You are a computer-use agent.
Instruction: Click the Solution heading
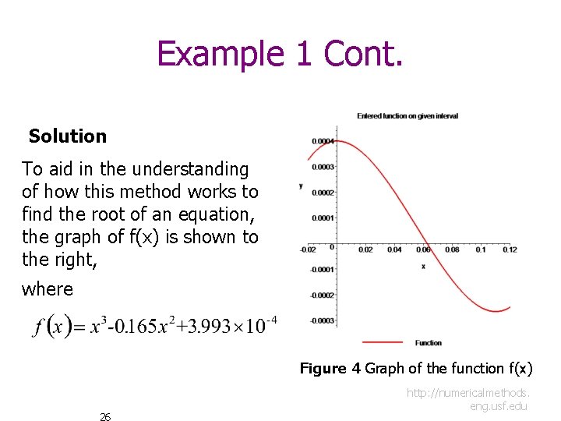(68, 136)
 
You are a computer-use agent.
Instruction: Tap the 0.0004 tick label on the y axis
(323, 141)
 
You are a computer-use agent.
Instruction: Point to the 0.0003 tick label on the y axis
(323, 167)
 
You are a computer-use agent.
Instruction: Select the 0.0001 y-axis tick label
(323, 218)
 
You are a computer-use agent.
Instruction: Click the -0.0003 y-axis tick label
(323, 321)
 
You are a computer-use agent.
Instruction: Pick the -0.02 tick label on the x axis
(309, 250)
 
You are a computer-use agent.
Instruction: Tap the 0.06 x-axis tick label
(422, 250)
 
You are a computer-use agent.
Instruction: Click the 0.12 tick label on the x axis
(510, 250)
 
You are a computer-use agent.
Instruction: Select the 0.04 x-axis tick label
(394, 250)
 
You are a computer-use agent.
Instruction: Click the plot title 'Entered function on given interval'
(408, 116)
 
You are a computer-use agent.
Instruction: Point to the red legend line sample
(382, 342)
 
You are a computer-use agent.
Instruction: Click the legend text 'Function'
(429, 343)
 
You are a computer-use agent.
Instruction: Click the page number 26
(105, 417)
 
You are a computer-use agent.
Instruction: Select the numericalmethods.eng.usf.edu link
(467, 399)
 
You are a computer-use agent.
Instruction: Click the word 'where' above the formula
(48, 289)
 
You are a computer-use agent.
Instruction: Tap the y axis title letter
(301, 186)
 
